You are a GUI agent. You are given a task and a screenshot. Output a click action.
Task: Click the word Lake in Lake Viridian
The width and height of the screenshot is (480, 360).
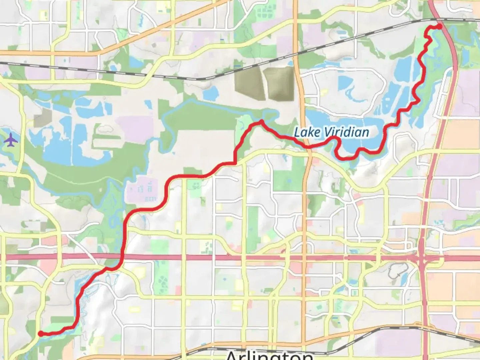[x=302, y=132]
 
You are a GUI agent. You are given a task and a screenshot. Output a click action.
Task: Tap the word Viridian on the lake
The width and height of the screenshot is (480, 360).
[x=347, y=132]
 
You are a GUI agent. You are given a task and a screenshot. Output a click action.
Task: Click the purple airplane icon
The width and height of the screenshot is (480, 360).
[x=11, y=140]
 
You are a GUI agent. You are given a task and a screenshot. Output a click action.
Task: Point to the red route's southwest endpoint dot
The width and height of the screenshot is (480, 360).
[x=40, y=333]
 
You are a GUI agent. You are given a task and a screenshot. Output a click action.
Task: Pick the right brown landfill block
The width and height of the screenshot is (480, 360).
[x=279, y=83]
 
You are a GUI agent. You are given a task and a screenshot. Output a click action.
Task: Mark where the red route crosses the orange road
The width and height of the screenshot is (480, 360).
[x=307, y=147]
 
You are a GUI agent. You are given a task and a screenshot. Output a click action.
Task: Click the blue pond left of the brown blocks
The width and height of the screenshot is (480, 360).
[x=210, y=94]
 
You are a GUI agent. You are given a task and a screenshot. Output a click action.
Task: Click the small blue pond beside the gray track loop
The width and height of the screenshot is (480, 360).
[x=405, y=276]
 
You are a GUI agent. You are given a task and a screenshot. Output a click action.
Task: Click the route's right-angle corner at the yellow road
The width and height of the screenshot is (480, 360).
[x=236, y=163]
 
